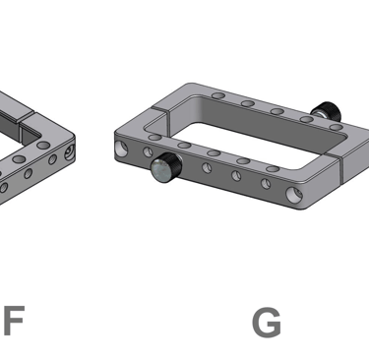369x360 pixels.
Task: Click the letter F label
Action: click(x=15, y=320)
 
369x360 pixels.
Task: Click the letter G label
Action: click(x=267, y=322)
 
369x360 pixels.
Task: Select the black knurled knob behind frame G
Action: click(x=327, y=111)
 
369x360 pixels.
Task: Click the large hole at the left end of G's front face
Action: click(x=122, y=149)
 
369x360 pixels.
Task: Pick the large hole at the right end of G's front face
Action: click(x=294, y=194)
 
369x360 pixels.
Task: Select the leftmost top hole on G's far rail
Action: click(x=218, y=95)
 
